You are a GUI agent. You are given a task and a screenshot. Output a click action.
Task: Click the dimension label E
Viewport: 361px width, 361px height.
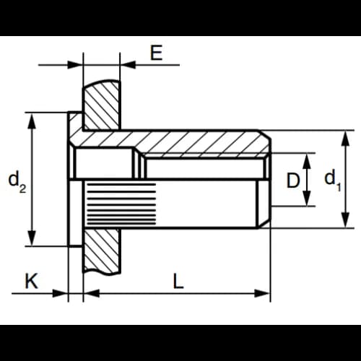pyautogui.click(x=156, y=52)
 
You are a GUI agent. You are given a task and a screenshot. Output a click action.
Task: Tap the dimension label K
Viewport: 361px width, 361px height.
pyautogui.click(x=32, y=281)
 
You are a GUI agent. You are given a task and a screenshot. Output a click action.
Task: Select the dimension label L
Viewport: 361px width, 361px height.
pyautogui.click(x=178, y=281)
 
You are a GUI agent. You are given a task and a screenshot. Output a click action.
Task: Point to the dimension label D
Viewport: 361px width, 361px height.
pyautogui.click(x=293, y=180)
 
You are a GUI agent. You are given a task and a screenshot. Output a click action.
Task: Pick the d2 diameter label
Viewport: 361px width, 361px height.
pyautogui.click(x=17, y=181)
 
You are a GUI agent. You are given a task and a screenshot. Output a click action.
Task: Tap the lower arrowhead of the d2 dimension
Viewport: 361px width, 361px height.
pyautogui.click(x=32, y=238)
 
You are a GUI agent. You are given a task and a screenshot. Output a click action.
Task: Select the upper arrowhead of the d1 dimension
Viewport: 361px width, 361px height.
pyautogui.click(x=346, y=138)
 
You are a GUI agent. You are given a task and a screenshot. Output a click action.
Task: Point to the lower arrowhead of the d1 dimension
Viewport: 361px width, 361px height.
pyautogui.click(x=346, y=220)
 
